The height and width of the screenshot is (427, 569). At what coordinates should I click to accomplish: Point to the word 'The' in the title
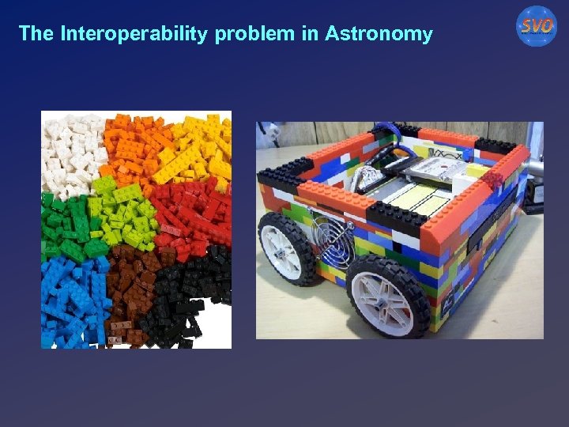(35, 34)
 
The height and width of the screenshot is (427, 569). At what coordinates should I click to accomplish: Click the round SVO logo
(537, 26)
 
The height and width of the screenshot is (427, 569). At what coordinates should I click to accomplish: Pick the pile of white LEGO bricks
(71, 146)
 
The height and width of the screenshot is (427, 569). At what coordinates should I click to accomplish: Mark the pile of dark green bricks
(67, 225)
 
